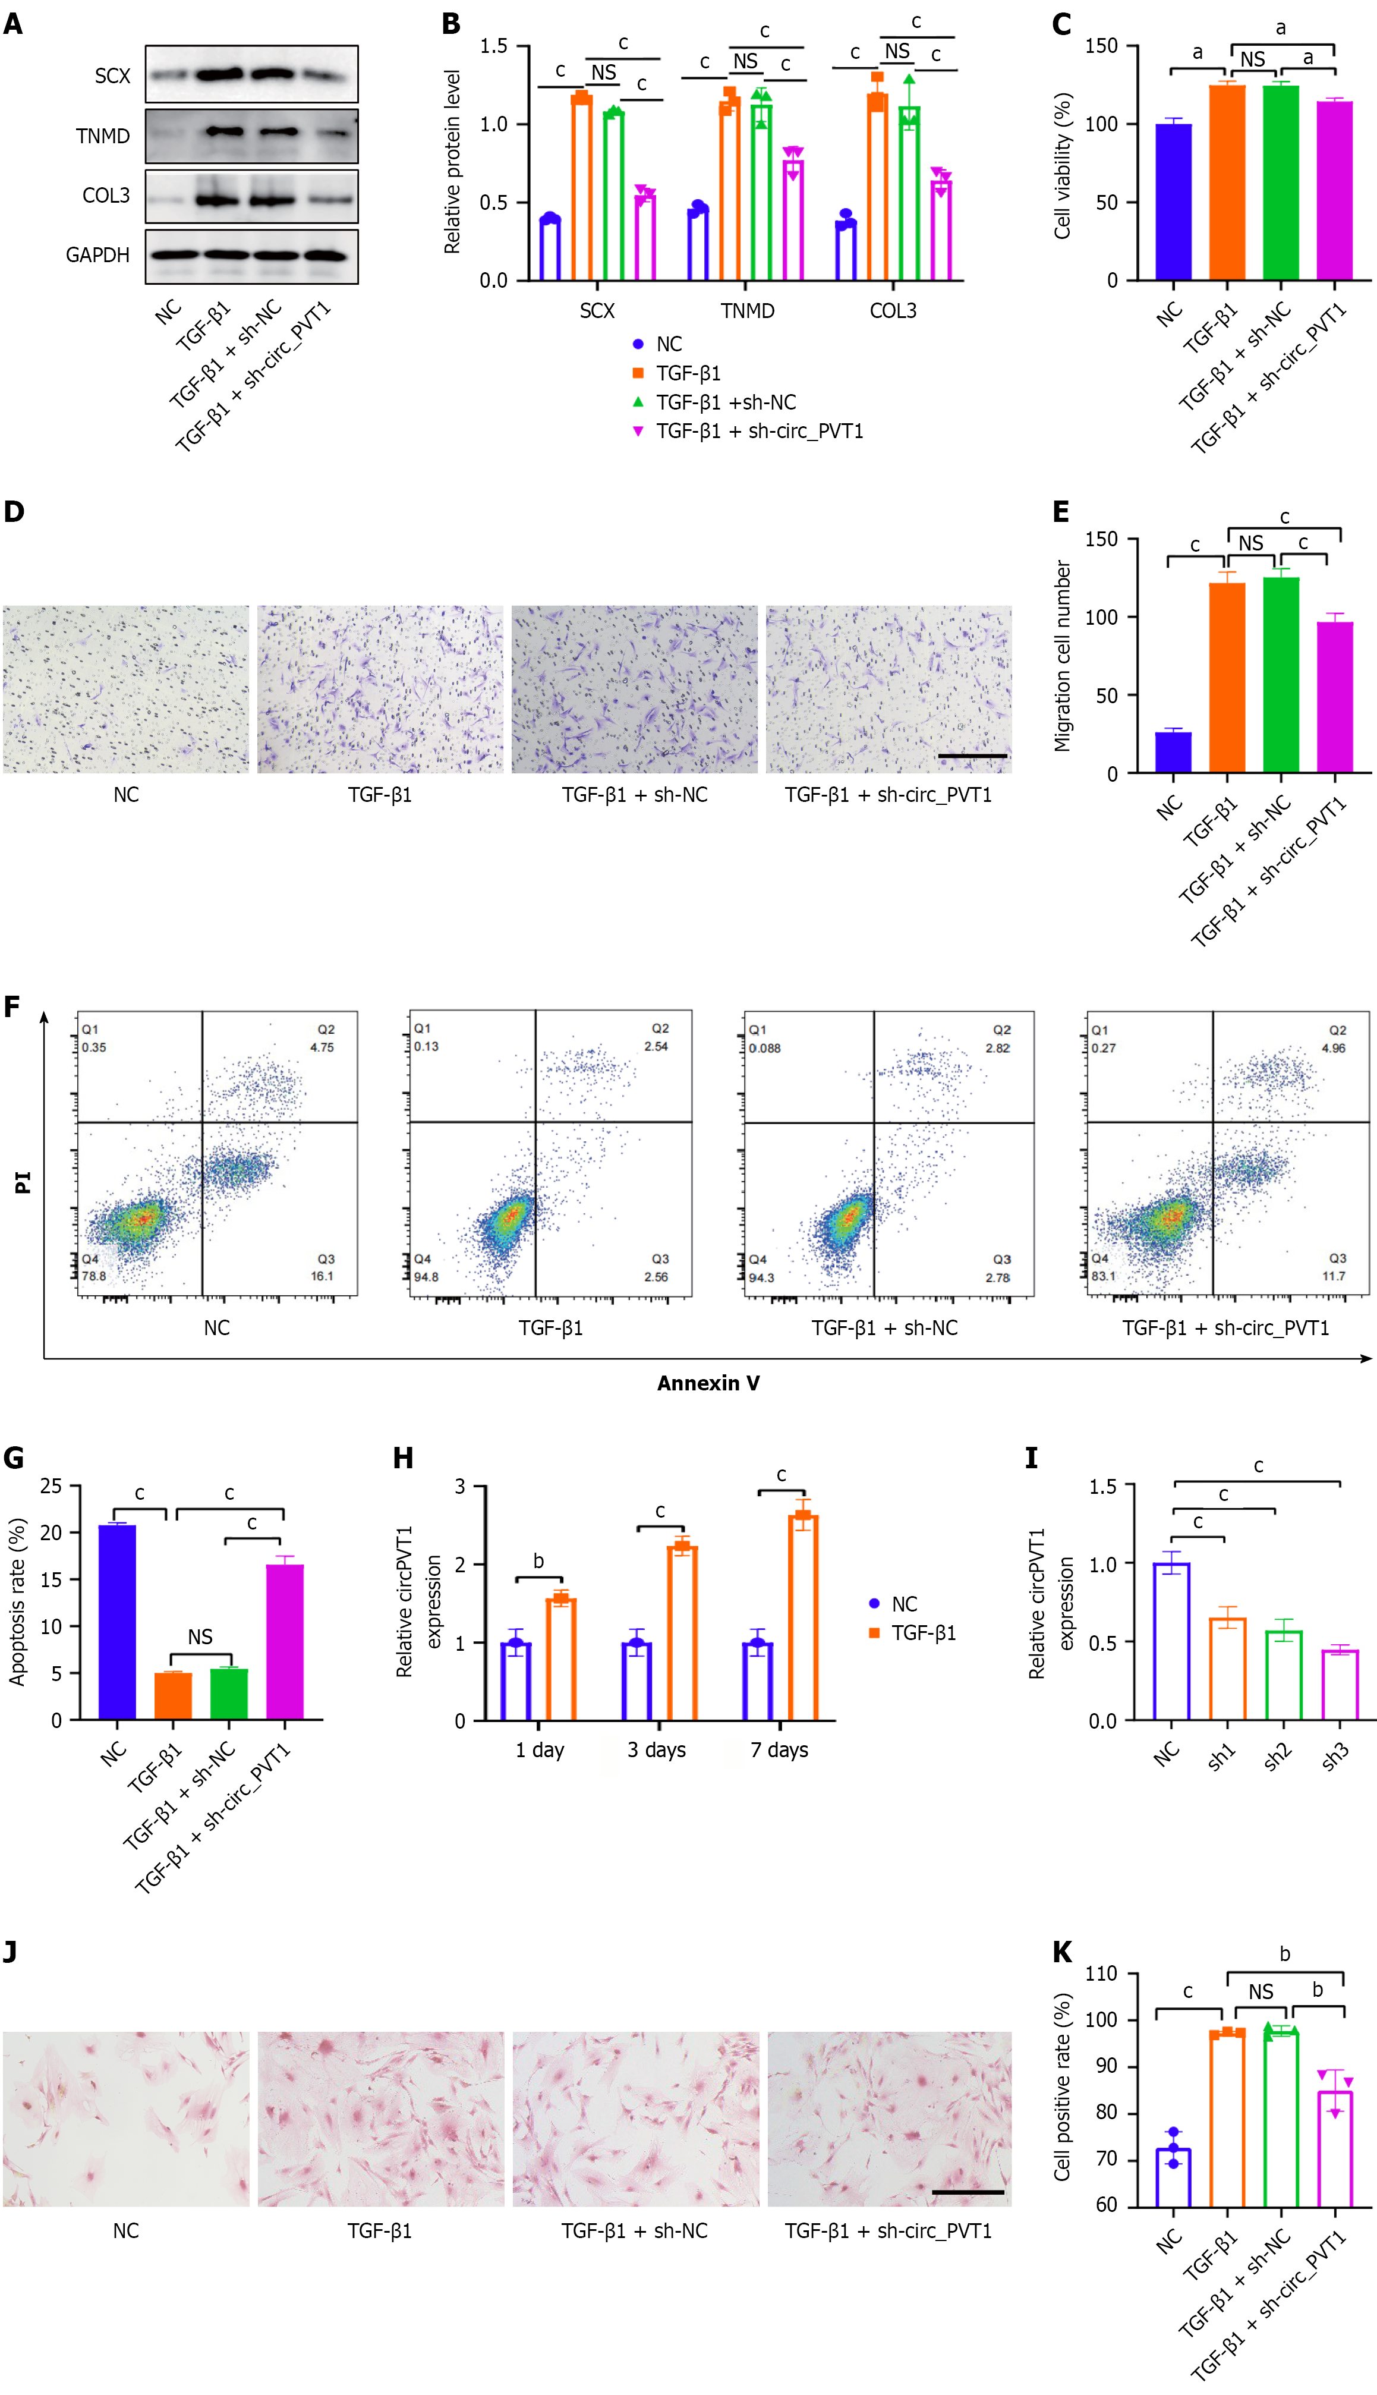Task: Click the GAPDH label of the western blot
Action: pos(97,256)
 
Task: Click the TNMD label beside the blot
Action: pos(102,136)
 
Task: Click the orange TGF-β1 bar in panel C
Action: pos(1227,182)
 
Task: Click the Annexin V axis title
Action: pos(708,1383)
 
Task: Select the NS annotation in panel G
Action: pos(200,1636)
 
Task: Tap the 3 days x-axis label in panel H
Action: pos(656,1750)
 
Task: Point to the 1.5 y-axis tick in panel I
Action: pos(1103,1487)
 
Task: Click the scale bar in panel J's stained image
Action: pos(968,2192)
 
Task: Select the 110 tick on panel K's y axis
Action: pos(1101,1974)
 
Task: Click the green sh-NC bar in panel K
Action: pos(1281,2119)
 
